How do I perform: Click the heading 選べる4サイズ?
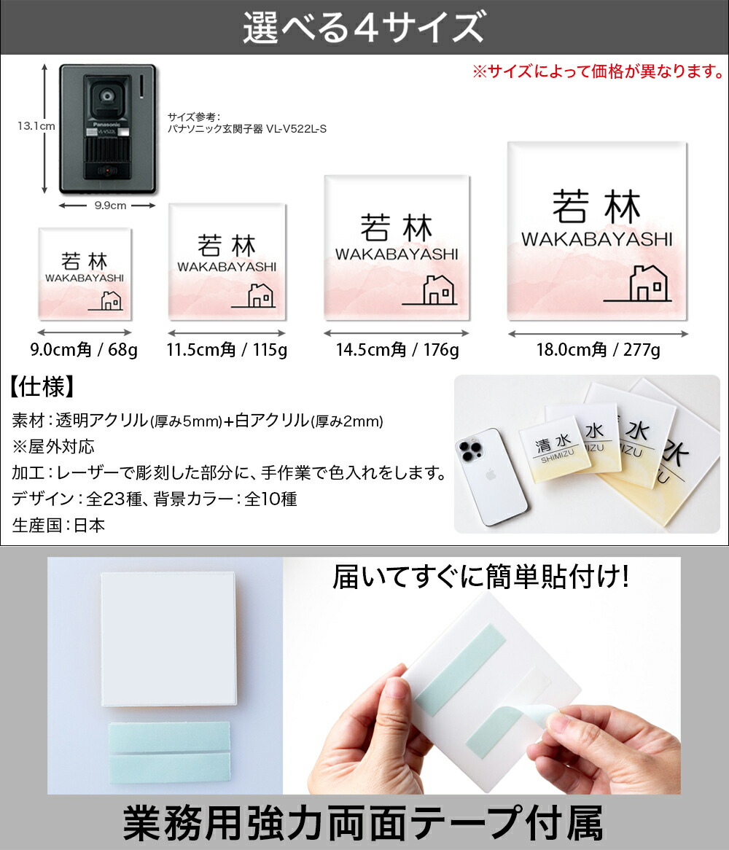[364, 27]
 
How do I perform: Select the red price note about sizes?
[598, 71]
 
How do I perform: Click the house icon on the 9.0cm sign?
[110, 300]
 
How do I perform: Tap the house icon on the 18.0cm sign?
[647, 284]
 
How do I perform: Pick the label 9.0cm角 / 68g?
[84, 350]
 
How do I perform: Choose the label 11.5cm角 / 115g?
[227, 350]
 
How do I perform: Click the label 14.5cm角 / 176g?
[397, 351]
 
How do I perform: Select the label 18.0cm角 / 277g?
[599, 351]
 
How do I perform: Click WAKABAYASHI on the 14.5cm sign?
[397, 254]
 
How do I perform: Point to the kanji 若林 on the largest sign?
[596, 206]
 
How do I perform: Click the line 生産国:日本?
[59, 525]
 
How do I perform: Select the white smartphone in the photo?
[489, 475]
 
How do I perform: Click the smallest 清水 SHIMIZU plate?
[554, 448]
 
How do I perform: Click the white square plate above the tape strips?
[168, 639]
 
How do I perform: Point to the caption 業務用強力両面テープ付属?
[364, 824]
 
